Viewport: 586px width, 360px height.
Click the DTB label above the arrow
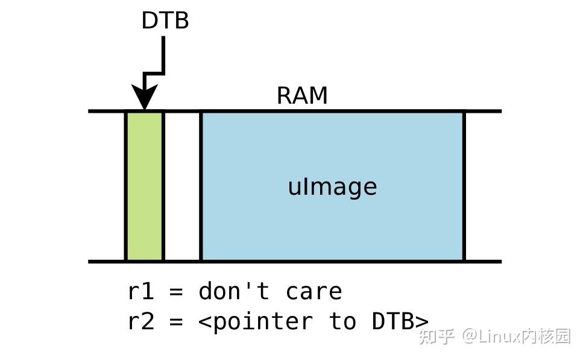click(x=165, y=21)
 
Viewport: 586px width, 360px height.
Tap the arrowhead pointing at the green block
click(x=144, y=98)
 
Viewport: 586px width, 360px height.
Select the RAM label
click(x=302, y=96)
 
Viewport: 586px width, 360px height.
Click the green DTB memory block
click(x=145, y=186)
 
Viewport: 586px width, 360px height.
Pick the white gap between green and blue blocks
click(x=182, y=186)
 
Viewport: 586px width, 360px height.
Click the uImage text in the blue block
click(x=332, y=186)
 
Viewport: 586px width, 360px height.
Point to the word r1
click(x=141, y=292)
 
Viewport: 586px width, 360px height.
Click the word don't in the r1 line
click(x=234, y=292)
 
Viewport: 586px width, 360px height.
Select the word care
click(x=313, y=292)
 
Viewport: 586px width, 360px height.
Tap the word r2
click(x=141, y=321)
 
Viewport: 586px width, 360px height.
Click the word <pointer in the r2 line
click(x=256, y=321)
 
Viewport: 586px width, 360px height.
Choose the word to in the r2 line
click(x=342, y=321)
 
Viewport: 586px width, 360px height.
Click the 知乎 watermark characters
click(x=436, y=336)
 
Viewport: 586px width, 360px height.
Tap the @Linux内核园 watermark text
click(x=516, y=336)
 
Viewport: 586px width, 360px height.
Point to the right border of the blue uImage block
click(x=464, y=186)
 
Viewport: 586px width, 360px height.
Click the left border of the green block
click(x=125, y=186)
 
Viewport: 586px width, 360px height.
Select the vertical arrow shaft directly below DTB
click(x=163, y=54)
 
